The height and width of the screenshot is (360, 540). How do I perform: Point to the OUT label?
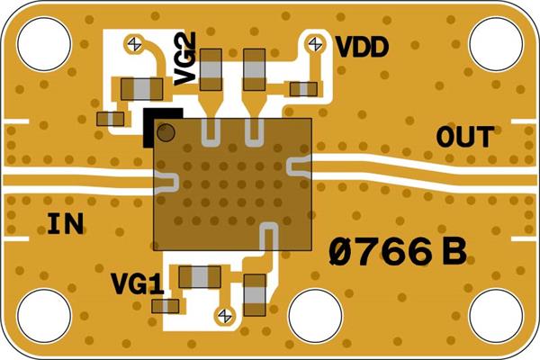pos(464,138)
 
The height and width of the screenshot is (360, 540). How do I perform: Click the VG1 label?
pos(137,285)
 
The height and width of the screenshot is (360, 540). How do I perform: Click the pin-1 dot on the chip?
pos(165,133)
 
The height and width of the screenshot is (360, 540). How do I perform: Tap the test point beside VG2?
pos(135,42)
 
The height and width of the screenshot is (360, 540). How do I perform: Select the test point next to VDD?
pos(316,42)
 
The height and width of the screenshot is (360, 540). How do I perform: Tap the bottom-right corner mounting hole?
pos(497,317)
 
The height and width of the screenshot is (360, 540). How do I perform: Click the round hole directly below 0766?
pos(315,317)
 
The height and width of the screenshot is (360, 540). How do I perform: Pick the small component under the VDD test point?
pos(302,88)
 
